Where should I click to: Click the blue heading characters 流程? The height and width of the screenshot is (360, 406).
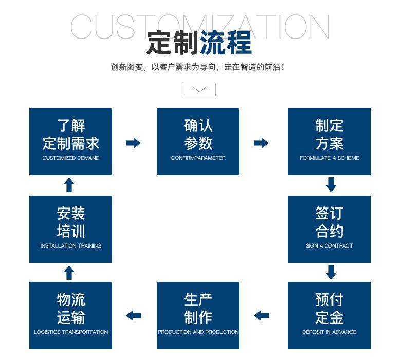(226, 43)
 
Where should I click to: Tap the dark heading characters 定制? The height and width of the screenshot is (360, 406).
(173, 43)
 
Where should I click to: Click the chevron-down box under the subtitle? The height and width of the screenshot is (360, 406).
(199, 89)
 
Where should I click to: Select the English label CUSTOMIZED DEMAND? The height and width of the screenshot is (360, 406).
(71, 158)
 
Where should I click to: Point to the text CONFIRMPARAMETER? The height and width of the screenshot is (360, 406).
(198, 158)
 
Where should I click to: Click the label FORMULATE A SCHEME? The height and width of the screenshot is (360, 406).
(329, 158)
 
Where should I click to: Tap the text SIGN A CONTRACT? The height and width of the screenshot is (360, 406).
(329, 245)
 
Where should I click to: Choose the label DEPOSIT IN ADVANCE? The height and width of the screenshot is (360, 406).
(329, 332)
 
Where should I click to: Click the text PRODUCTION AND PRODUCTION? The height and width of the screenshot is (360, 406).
(198, 332)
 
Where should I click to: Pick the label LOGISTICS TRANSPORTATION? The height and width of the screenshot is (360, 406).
(71, 332)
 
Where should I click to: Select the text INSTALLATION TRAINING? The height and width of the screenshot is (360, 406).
(71, 245)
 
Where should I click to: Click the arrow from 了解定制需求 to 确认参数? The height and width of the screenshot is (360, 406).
(133, 143)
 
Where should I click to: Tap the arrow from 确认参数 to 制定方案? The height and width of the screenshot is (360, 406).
(261, 143)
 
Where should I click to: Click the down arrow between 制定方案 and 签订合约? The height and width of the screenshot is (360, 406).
(331, 184)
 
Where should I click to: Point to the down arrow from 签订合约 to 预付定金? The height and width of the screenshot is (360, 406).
(331, 272)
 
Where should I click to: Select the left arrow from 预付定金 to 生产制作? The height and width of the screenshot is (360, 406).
(261, 315)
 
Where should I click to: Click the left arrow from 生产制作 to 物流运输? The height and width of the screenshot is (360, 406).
(133, 315)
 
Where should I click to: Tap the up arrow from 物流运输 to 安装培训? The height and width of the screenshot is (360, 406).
(69, 272)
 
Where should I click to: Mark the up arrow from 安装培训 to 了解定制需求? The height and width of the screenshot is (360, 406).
(69, 184)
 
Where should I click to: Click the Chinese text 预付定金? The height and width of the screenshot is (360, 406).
(329, 308)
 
